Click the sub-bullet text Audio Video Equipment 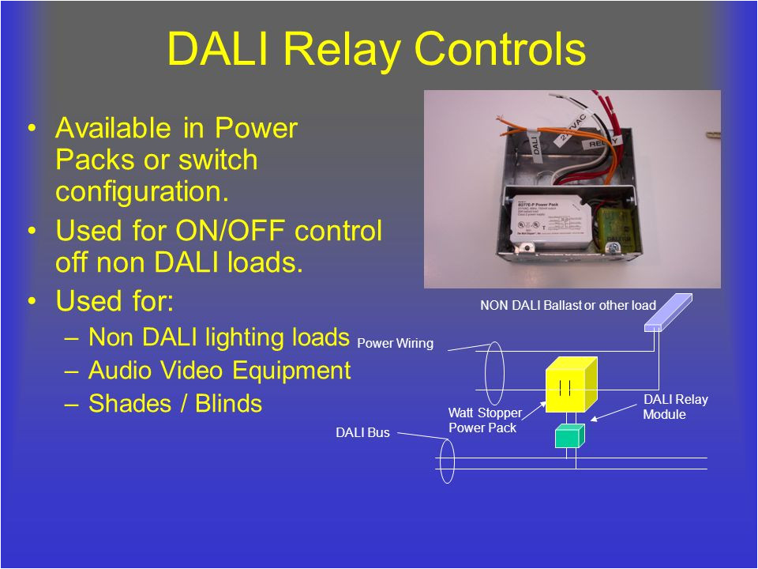[x=220, y=371]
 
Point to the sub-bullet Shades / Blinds [x=174, y=404]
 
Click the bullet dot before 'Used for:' [x=31, y=302]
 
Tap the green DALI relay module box [x=568, y=435]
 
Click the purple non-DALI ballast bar [x=667, y=313]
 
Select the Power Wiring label [x=395, y=344]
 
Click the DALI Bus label [x=362, y=433]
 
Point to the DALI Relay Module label [x=675, y=407]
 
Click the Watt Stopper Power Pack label [x=485, y=420]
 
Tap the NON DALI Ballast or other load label [x=568, y=305]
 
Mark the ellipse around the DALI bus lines [x=446, y=462]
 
